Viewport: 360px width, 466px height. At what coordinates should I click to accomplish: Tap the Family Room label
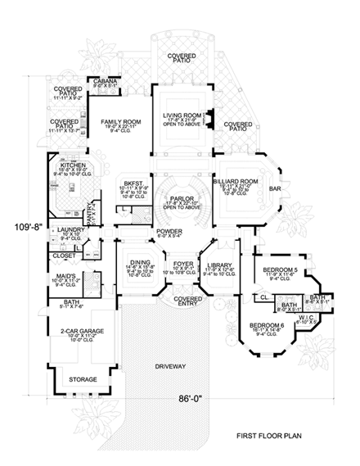[117, 122]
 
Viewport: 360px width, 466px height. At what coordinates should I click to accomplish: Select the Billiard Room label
[239, 182]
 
